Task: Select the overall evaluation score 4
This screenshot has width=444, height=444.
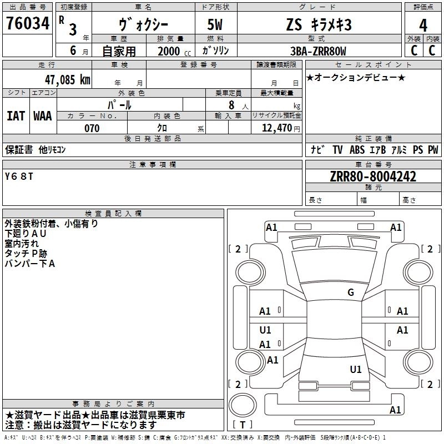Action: coord(423,26)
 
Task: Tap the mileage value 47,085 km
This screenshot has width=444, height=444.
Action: coord(68,79)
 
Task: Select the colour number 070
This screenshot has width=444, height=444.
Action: coord(92,128)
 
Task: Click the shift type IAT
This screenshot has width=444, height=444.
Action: coord(16,115)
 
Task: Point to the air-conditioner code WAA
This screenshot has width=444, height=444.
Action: coord(43,115)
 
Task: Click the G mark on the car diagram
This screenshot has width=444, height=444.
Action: coord(350,292)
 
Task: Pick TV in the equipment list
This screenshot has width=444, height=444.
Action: coord(337,149)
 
